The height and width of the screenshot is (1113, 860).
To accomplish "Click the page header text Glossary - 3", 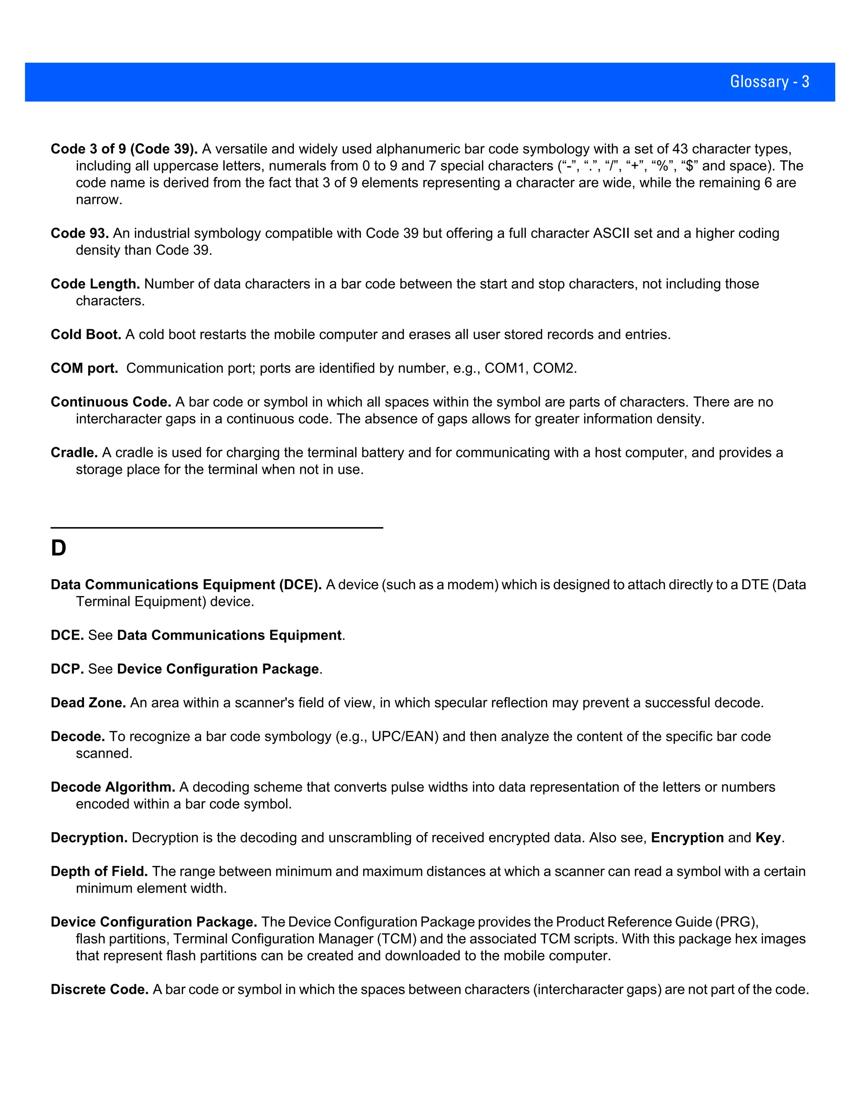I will point(769,81).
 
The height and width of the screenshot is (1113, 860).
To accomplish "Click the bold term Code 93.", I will point(79,234).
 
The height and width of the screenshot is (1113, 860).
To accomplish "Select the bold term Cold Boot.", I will point(86,334).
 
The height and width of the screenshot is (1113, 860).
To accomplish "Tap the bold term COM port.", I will point(84,368).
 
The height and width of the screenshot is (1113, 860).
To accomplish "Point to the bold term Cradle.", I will point(74,452).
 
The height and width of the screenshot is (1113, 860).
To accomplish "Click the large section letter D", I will point(59,549).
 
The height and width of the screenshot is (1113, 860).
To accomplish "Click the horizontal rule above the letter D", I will point(217,528).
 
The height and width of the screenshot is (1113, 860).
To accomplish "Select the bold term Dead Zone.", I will point(88,703).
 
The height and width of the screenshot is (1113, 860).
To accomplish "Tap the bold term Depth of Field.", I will point(99,871).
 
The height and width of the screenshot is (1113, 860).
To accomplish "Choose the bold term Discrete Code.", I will point(100,989).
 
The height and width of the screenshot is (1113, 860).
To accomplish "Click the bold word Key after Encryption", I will point(768,838).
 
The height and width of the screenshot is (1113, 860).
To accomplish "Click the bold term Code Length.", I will point(95,284).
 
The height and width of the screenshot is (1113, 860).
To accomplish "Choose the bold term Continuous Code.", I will point(110,402).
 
